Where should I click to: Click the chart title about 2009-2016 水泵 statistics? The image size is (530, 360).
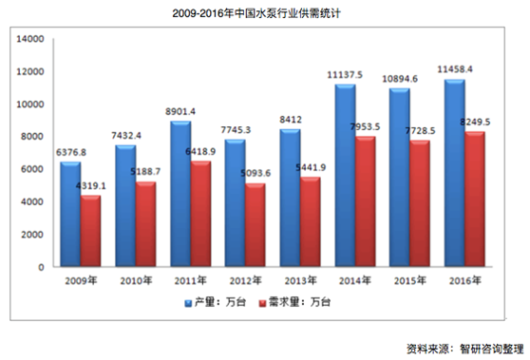[264, 12]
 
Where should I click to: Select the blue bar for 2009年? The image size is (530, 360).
[71, 215]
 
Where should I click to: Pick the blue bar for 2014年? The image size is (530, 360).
[344, 177]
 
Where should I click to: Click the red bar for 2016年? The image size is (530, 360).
[455, 200]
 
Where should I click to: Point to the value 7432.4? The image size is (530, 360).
[128, 136]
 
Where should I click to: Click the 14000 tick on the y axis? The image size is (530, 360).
[31, 39]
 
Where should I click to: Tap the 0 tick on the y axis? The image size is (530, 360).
[44, 267]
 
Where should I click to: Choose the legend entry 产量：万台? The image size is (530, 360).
[222, 301]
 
